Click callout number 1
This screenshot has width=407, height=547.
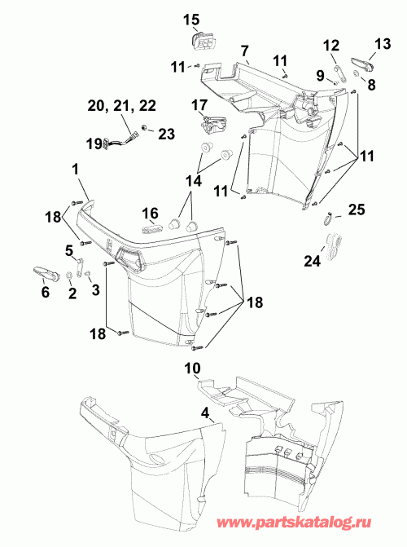(x=75, y=170)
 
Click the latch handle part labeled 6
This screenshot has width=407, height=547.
(x=46, y=271)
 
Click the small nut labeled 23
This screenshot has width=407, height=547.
(x=143, y=127)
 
